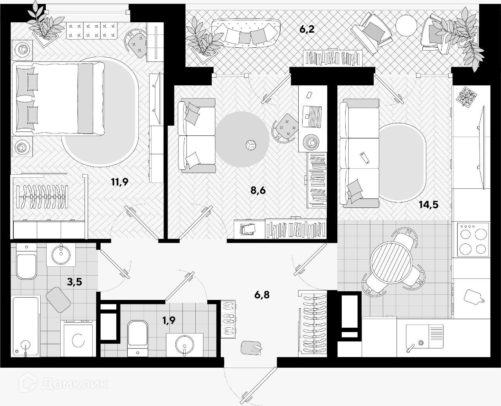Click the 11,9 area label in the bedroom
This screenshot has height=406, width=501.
tap(119, 181)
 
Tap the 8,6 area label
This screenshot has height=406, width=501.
tap(258, 191)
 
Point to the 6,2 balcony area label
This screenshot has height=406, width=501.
tap(307, 29)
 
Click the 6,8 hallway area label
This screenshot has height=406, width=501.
tap(262, 294)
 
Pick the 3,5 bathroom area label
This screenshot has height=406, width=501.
tap(74, 281)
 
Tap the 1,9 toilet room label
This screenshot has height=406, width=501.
tap(169, 320)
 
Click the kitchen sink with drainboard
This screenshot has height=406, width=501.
tap(424, 336)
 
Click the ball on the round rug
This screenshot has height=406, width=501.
tap(250, 145)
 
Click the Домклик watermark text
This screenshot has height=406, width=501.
tap(74, 383)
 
